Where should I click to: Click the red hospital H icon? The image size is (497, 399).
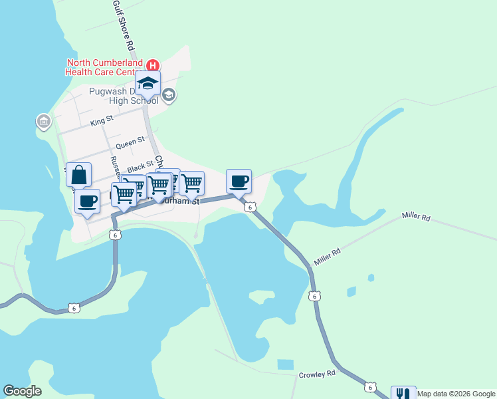pyautogui.click(x=153, y=65)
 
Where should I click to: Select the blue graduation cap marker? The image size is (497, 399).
pyautogui.click(x=148, y=84)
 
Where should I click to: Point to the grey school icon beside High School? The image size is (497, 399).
pyautogui.click(x=169, y=94)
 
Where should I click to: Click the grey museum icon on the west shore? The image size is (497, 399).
pyautogui.click(x=44, y=122)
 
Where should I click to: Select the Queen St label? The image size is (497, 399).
pyautogui.click(x=130, y=143)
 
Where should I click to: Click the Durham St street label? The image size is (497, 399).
pyautogui.click(x=183, y=200)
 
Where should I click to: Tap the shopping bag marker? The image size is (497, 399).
pyautogui.click(x=78, y=175)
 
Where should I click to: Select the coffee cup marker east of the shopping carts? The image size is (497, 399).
pyautogui.click(x=239, y=181)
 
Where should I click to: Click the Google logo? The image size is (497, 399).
pyautogui.click(x=22, y=391)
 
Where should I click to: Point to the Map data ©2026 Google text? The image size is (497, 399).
pyautogui.click(x=456, y=394)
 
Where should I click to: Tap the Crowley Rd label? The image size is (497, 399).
pyautogui.click(x=317, y=374)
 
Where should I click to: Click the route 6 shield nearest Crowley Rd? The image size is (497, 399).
pyautogui.click(x=370, y=387)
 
